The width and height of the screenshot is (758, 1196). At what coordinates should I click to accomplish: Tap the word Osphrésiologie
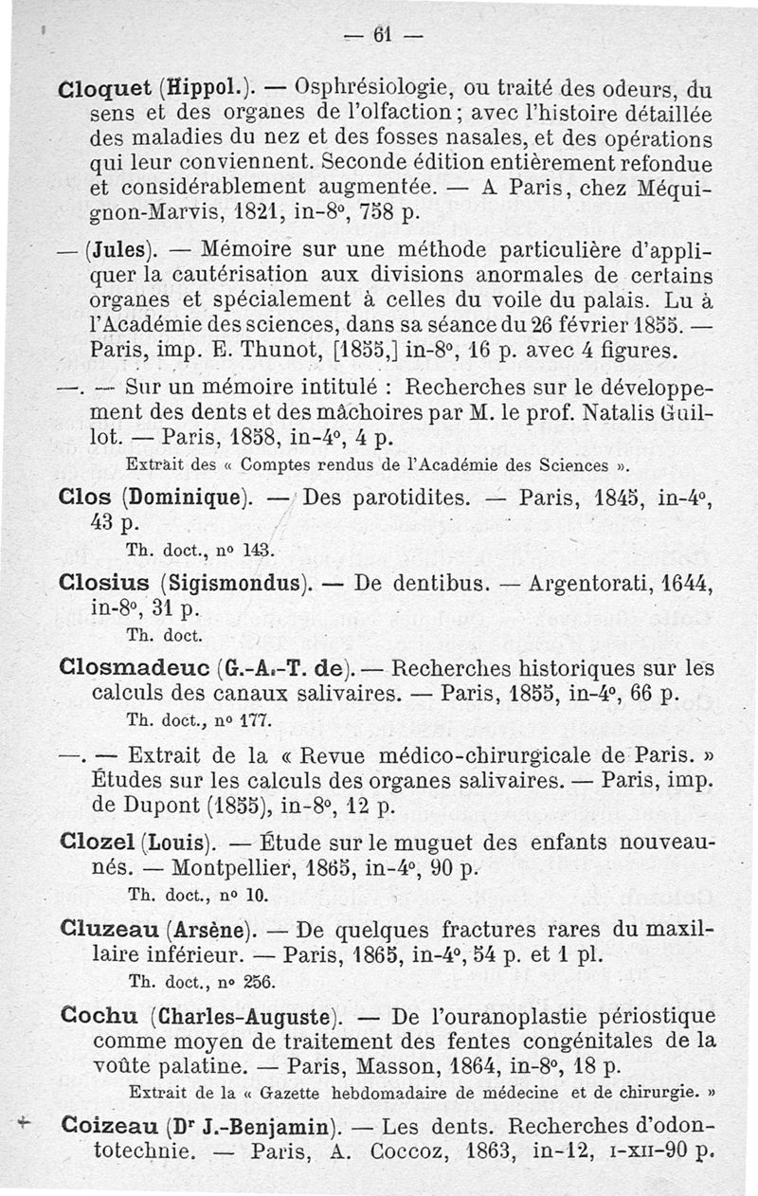(373, 96)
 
